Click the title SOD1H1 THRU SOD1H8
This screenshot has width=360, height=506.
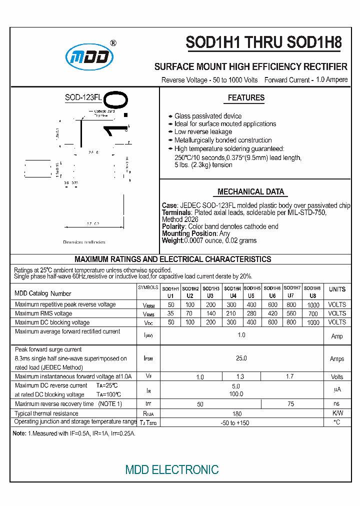tap(263, 43)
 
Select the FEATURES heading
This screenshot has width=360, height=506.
tap(246, 98)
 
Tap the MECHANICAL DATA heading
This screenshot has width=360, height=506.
tap(250, 191)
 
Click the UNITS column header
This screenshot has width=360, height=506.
tap(337, 289)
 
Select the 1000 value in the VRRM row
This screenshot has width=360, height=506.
tap(313, 305)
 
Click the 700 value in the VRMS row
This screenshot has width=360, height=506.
tap(313, 313)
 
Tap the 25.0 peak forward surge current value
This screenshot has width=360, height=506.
tap(241, 358)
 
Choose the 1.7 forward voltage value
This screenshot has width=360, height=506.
tap(289, 376)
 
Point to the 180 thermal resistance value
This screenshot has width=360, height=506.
tap(237, 413)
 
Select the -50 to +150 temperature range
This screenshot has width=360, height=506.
tap(234, 423)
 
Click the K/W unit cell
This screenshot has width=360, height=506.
tap(337, 413)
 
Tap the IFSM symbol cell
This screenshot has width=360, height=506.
tap(148, 358)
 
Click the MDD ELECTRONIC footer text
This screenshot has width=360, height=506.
tap(172, 469)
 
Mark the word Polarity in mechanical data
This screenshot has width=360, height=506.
tap(173, 226)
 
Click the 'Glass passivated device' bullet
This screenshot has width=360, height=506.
tap(207, 116)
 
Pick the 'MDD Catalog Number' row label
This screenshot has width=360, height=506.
tap(43, 293)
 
